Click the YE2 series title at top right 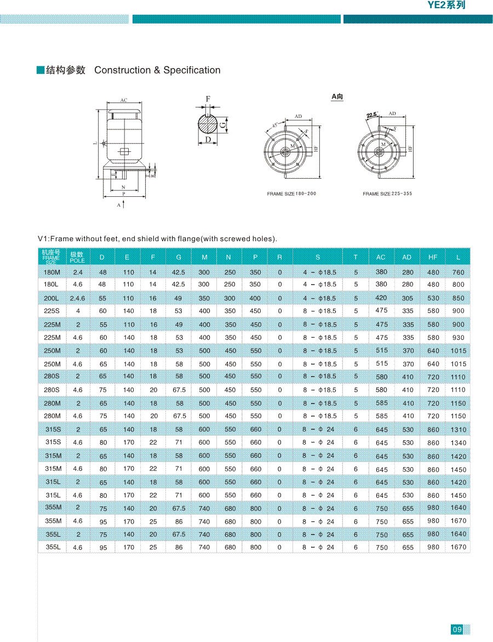446,5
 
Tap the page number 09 457,629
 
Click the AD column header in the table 406,257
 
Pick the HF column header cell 433,257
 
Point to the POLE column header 77,257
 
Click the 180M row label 52,272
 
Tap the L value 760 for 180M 458,272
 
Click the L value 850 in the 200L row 458,298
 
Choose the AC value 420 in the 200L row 381,298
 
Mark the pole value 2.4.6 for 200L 78,298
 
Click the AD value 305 408,298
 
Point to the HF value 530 433,298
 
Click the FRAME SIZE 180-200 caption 291,194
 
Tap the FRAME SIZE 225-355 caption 387,194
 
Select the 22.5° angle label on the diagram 372,115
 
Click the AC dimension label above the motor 124,100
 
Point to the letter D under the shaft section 208,140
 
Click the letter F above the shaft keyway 208,99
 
